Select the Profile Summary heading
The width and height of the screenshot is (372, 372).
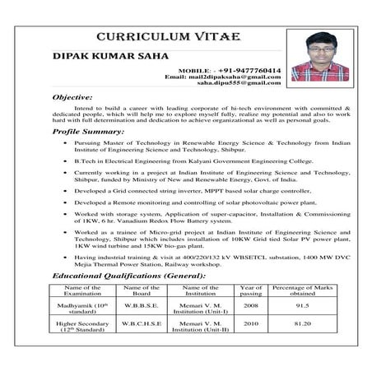pyautogui.click(x=88, y=131)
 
